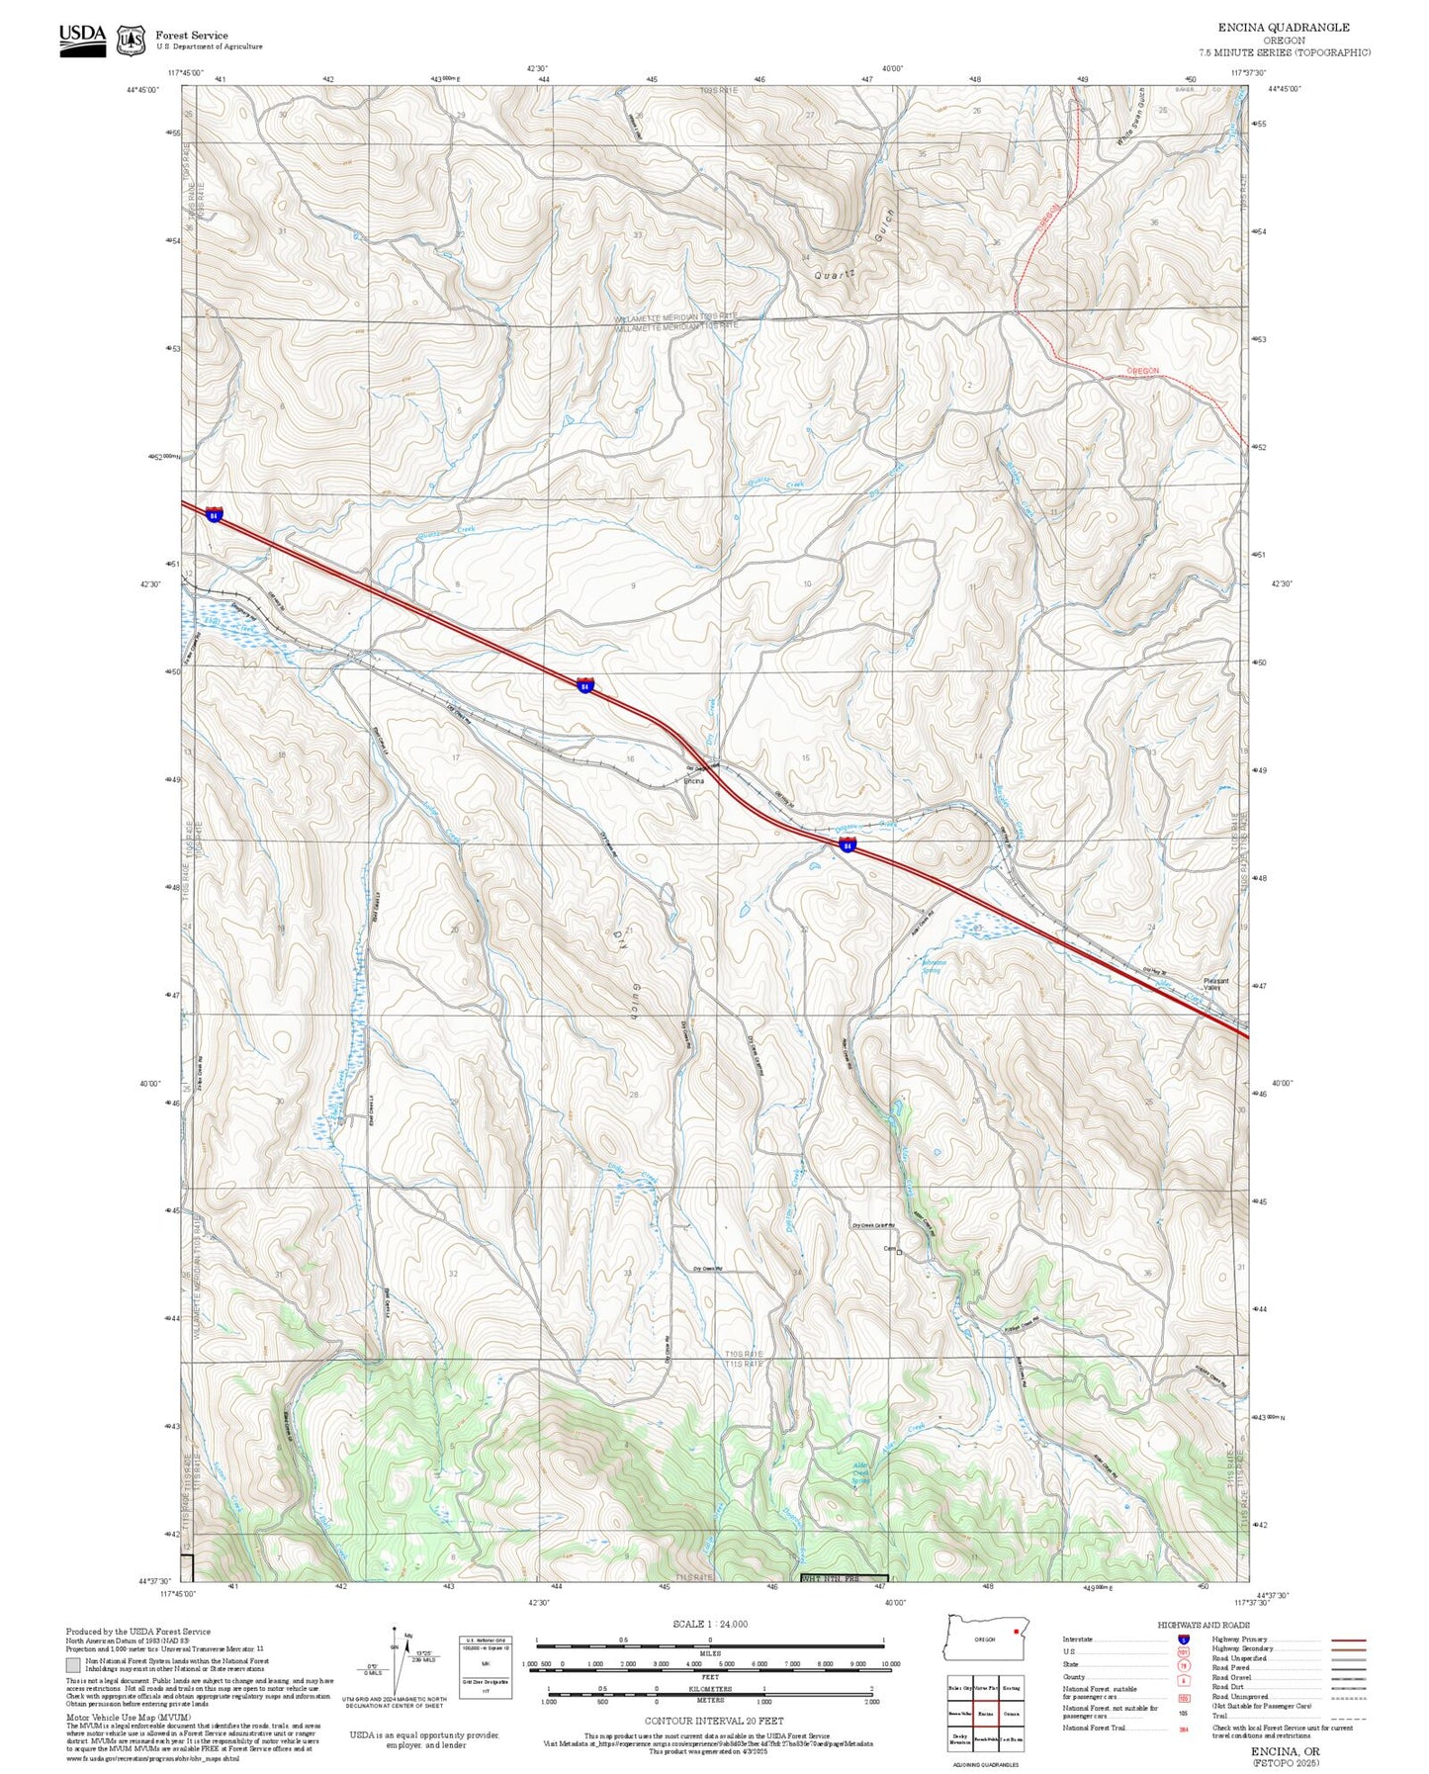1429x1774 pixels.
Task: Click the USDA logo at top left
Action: [x=82, y=39]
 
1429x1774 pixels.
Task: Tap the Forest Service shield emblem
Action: [x=131, y=40]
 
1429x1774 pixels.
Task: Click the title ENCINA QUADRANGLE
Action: [x=1283, y=28]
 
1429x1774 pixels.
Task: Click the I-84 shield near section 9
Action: [x=584, y=684]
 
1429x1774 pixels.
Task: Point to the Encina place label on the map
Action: [x=694, y=781]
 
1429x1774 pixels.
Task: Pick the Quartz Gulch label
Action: [x=856, y=247]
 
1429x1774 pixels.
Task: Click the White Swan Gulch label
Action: [x=1129, y=121]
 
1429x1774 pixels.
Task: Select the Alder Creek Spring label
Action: [x=861, y=1473]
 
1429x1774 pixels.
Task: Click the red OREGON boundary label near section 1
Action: [x=1143, y=371]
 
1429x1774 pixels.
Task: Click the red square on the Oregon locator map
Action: [x=1016, y=1633]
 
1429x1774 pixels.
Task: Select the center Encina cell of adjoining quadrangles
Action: [x=985, y=1713]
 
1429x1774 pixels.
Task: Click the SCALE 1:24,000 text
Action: [x=709, y=1624]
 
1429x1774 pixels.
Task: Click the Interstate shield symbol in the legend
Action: [x=1183, y=1640]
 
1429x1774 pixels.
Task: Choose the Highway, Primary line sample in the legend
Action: [x=1348, y=1640]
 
